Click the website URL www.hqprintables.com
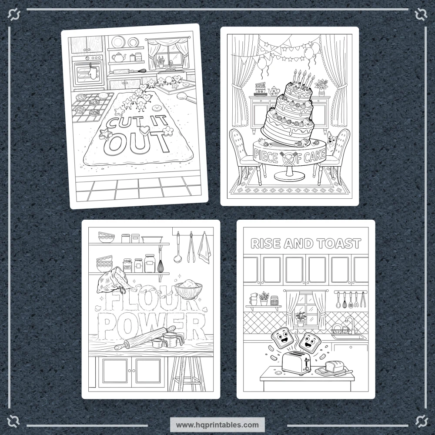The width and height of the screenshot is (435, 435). (x=217, y=425)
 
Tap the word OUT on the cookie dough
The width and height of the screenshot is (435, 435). (x=137, y=143)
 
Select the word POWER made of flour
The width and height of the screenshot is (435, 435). (x=153, y=326)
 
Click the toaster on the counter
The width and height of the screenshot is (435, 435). (x=296, y=363)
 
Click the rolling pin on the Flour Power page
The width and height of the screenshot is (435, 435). (x=145, y=338)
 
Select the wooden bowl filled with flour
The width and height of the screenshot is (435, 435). (x=190, y=290)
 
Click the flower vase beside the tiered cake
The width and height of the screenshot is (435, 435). (x=322, y=87)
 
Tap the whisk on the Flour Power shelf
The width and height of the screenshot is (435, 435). (x=160, y=264)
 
